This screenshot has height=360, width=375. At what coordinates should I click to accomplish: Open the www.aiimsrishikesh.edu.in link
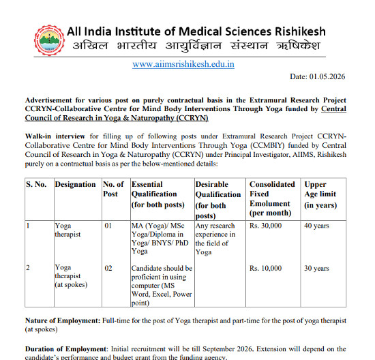tap(183, 64)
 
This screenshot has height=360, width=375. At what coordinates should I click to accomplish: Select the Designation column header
tap(75, 184)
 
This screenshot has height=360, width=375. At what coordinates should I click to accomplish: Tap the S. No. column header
tap(37, 184)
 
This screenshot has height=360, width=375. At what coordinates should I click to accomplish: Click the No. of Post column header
tap(113, 189)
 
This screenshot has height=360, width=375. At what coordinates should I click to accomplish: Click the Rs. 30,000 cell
tap(266, 225)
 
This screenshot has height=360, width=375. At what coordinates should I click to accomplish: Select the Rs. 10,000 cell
tap(266, 268)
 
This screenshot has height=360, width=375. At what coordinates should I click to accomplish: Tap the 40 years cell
tap(317, 225)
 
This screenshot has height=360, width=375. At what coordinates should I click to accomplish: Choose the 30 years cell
tap(317, 268)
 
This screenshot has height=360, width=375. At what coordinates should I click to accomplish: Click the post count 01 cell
tap(108, 225)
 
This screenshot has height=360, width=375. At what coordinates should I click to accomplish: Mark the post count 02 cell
tap(108, 268)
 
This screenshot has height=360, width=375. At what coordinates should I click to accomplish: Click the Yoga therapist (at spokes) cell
tap(72, 276)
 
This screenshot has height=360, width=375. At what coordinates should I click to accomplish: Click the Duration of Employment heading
tap(67, 348)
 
